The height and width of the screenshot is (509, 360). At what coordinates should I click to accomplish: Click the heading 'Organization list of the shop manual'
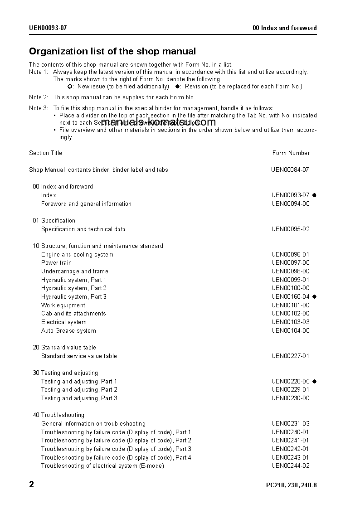tap(112, 51)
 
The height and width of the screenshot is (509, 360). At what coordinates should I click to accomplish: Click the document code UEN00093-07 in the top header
tap(48, 28)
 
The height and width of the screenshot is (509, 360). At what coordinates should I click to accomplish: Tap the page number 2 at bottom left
tap(32, 485)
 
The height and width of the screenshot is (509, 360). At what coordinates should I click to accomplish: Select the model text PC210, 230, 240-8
tap(291, 485)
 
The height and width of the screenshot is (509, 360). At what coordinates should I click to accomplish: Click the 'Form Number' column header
tap(291, 153)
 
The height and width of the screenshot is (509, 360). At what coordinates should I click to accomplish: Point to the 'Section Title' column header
tap(45, 153)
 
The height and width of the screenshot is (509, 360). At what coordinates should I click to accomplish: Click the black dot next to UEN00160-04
tap(314, 297)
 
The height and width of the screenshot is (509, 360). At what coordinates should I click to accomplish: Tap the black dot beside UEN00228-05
tap(314, 382)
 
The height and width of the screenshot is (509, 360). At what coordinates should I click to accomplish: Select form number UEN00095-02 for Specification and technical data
tap(290, 229)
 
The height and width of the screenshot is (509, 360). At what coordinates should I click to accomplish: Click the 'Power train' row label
tap(56, 263)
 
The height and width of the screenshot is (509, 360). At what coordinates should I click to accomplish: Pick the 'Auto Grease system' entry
tap(68, 331)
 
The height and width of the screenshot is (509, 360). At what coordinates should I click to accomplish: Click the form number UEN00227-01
tap(290, 356)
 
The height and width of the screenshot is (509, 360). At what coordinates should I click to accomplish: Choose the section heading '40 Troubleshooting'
tap(58, 415)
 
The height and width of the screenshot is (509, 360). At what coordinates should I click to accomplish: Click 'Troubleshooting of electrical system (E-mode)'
tap(102, 466)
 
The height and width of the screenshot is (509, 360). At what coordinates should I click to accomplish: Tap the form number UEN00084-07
tap(290, 170)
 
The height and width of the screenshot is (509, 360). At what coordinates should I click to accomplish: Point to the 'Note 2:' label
tap(39, 97)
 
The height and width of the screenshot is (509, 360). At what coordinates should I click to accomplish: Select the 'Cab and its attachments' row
tap(73, 314)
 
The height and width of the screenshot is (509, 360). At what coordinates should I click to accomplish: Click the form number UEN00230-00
tap(290, 398)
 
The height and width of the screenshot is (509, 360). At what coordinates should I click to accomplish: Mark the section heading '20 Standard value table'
tap(64, 348)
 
